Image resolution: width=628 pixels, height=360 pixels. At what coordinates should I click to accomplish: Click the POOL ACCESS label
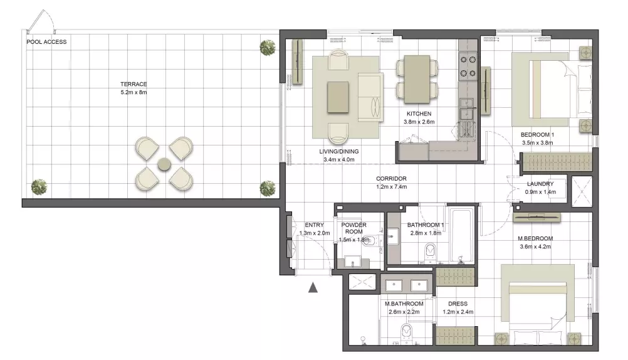click(46, 41)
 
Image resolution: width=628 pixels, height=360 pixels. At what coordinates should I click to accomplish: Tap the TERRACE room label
click(133, 84)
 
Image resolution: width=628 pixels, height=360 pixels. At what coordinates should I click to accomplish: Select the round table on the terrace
click(164, 164)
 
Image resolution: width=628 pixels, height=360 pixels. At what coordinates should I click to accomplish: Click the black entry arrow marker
click(313, 287)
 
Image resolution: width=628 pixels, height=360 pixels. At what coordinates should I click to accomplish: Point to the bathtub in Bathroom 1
click(462, 235)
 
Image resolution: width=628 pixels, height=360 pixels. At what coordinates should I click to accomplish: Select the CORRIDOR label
click(391, 179)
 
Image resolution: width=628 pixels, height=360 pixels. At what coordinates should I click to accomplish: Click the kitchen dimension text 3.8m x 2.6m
click(419, 122)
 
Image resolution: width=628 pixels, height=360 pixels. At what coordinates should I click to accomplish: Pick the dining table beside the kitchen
click(417, 79)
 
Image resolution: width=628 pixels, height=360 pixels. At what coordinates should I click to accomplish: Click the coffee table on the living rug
click(338, 97)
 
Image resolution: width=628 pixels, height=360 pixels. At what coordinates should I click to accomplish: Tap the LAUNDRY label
click(540, 184)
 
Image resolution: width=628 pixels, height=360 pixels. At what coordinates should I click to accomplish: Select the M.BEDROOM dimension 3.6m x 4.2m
click(535, 246)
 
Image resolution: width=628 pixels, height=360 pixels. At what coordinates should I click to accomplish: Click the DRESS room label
click(458, 304)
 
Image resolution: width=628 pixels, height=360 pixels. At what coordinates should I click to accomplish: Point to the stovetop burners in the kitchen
click(468, 66)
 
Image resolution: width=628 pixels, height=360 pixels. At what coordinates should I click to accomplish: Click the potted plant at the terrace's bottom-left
click(39, 187)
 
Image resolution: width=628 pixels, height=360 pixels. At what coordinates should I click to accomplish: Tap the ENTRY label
click(314, 225)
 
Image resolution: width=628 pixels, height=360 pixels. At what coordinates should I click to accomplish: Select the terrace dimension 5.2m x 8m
click(133, 92)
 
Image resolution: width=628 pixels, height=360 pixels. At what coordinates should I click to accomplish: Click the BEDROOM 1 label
click(538, 135)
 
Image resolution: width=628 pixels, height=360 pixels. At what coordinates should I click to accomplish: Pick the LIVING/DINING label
click(339, 152)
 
